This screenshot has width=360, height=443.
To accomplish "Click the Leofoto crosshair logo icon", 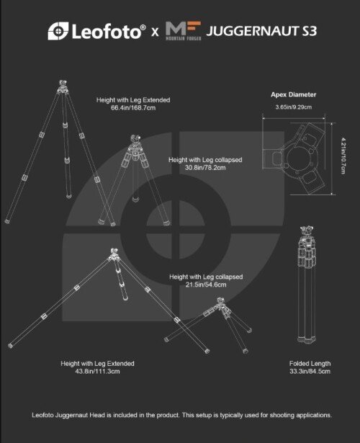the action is tap(58, 31).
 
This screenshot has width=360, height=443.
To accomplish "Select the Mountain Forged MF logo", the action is tap(184, 31).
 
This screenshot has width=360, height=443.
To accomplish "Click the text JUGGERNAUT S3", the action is tap(261, 31).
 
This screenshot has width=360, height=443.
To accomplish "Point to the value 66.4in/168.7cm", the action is tap(133, 108).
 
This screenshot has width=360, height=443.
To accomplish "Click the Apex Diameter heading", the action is tap(293, 94).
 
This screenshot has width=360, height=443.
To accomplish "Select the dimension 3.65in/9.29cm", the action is tap(294, 107).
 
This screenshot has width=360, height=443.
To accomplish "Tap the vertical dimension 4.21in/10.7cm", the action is tap(343, 156).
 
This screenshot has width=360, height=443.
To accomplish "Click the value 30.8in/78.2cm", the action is tap(205, 168).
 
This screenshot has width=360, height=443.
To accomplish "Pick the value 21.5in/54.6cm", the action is tap(206, 285).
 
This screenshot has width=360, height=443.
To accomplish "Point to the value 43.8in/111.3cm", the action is tap(97, 371).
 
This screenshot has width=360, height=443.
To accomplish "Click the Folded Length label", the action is tap(310, 364).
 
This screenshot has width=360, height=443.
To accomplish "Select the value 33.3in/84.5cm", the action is tap(310, 371).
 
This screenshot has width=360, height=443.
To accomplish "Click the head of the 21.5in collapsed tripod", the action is tap(221, 301).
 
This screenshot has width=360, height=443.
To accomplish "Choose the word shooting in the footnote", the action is tap(282, 415).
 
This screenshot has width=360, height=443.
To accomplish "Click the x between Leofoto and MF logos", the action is tap(155, 32).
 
